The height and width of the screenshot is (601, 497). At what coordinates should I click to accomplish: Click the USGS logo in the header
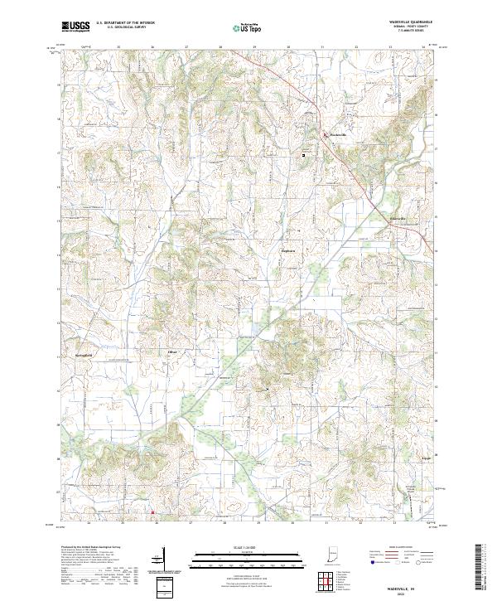(75, 27)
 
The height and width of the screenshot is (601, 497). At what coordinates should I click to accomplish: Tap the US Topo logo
(237, 27)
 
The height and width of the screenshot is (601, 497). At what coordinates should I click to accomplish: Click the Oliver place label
(173, 352)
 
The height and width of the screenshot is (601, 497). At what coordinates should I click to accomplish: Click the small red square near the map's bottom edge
(152, 512)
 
